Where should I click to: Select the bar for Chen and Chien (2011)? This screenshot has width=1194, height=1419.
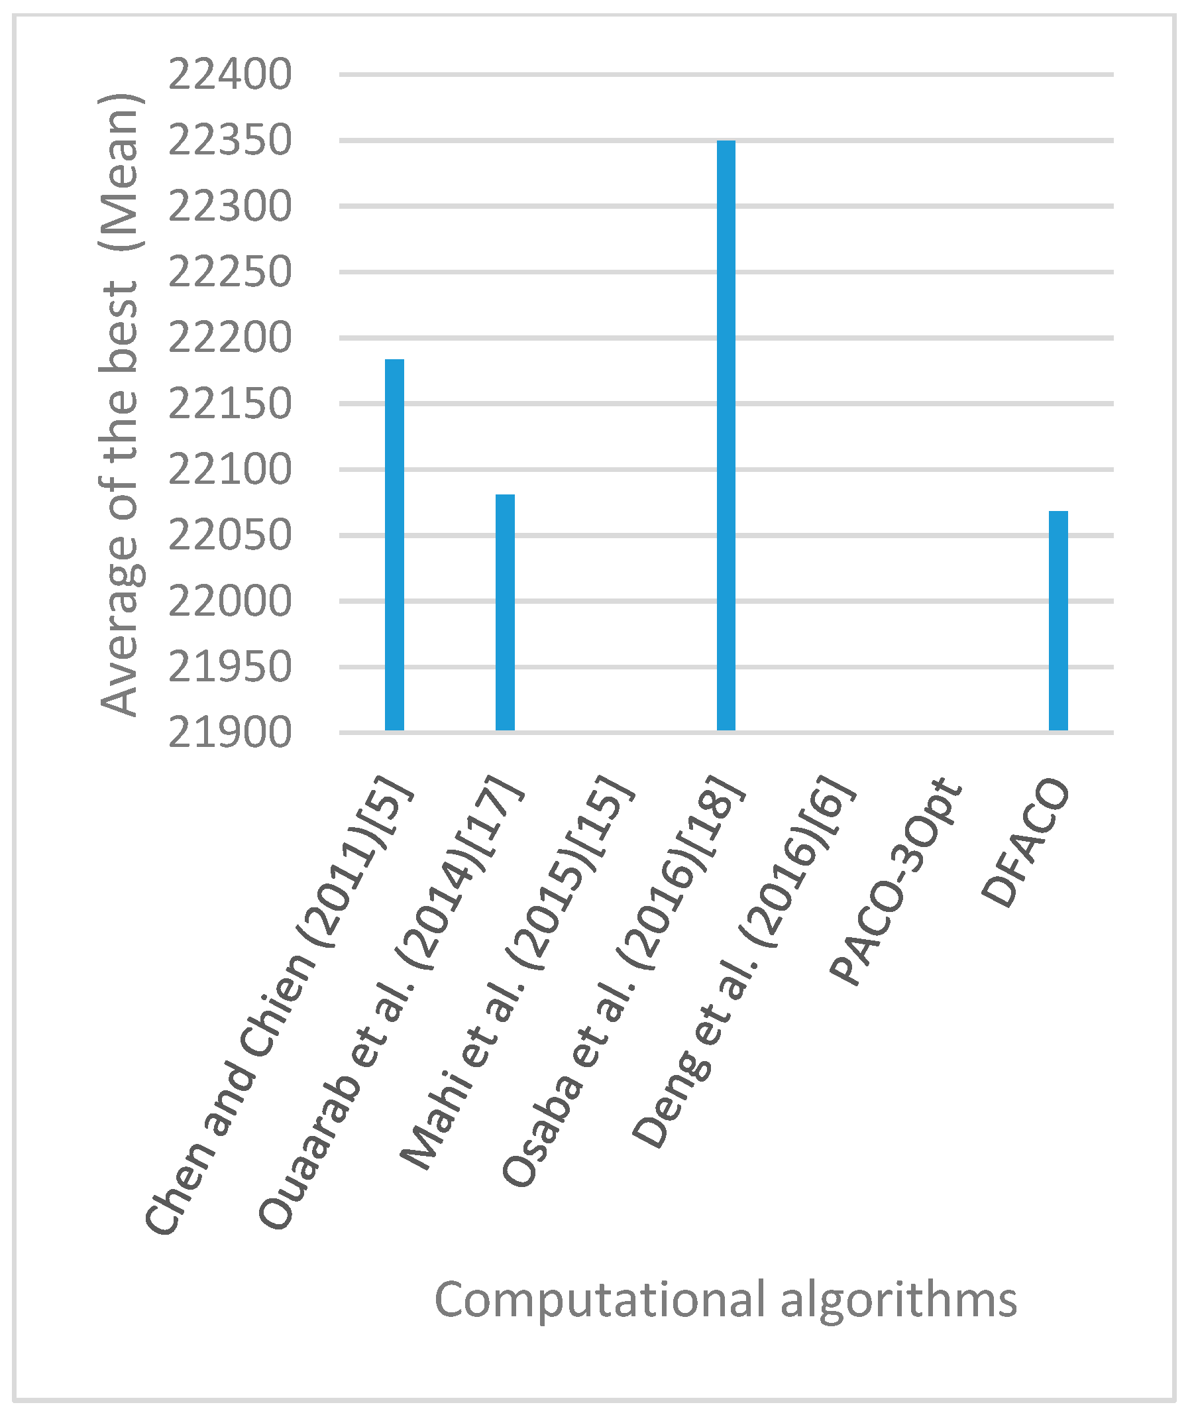point(395,545)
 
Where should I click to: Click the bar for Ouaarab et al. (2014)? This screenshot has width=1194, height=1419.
point(505,612)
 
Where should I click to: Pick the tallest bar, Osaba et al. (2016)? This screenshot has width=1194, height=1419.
point(726,435)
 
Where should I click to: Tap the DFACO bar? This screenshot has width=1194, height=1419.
point(1058,621)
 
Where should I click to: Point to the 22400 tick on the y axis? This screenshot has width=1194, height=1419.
point(229,74)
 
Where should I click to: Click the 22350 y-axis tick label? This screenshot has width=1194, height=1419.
point(229,141)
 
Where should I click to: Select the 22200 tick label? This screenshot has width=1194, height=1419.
point(229,338)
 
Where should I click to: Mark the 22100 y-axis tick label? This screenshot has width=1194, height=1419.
point(229,470)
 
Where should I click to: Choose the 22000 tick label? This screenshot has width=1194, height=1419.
point(229,601)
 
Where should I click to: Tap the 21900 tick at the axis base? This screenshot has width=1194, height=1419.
point(229,732)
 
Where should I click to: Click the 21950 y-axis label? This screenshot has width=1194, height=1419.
point(229,667)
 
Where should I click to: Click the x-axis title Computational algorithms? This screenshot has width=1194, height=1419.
point(726,1300)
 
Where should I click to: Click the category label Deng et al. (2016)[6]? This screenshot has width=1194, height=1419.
point(745,961)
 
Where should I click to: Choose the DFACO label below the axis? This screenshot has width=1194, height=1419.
point(1026,843)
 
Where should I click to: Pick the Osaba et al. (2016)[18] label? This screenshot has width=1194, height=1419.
point(623,982)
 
